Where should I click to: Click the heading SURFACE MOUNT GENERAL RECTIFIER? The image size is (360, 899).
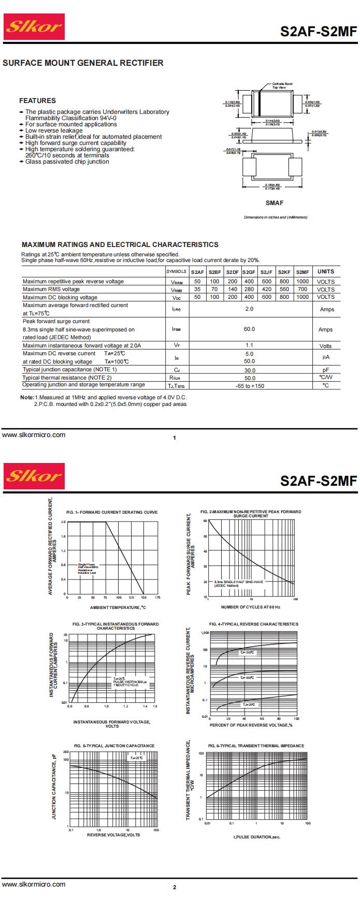[83, 63]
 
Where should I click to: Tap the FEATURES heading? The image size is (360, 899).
[37, 100]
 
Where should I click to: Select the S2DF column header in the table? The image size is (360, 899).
[233, 272]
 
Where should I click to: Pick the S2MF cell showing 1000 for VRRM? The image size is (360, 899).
[302, 282]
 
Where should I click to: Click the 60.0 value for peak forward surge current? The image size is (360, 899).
[249, 329]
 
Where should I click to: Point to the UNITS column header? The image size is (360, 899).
[326, 271]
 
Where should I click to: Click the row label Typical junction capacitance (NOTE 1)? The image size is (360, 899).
[70, 370]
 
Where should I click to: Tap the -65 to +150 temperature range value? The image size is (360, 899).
[249, 386]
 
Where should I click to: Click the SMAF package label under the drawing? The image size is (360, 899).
[275, 203]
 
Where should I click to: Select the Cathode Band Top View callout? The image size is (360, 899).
[282, 85]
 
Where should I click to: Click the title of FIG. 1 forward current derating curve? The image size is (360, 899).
[112, 512]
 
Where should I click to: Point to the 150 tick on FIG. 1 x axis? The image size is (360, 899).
[143, 598]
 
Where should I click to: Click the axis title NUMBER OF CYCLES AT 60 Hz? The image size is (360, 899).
[251, 607]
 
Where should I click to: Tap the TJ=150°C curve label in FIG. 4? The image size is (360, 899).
[247, 653]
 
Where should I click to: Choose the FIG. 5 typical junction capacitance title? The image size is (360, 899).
[114, 746]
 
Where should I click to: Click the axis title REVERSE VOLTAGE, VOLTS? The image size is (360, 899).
[113, 835]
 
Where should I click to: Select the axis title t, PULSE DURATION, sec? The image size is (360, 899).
[257, 837]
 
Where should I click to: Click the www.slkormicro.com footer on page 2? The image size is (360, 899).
[34, 885]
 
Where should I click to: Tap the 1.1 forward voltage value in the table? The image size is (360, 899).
[249, 345]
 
